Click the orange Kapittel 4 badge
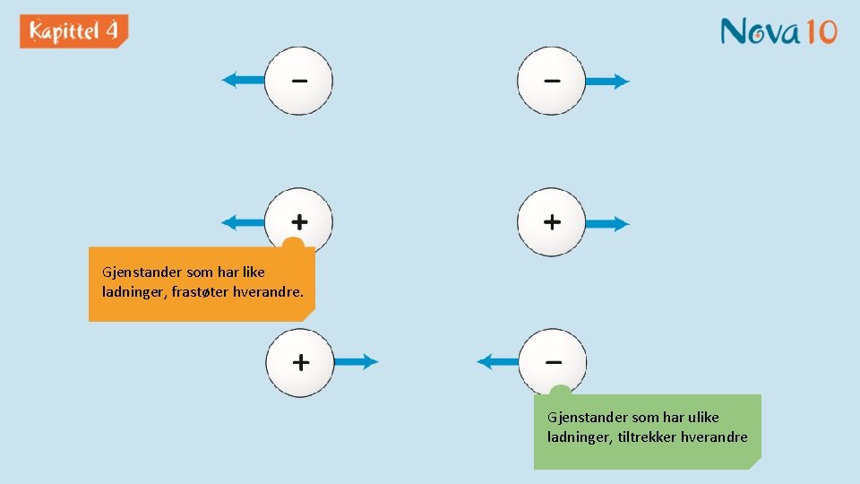(73, 31)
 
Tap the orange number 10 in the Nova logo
(819, 31)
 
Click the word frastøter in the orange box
(196, 291)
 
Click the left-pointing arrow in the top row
(243, 81)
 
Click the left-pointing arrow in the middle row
(242, 222)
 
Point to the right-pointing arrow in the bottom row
(356, 362)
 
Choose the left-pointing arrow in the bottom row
(498, 362)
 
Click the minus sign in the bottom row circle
(554, 362)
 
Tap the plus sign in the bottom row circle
(301, 362)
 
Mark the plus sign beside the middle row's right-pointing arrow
(552, 221)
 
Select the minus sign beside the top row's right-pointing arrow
(552, 81)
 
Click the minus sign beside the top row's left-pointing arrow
(299, 81)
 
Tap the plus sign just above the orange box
(299, 220)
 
